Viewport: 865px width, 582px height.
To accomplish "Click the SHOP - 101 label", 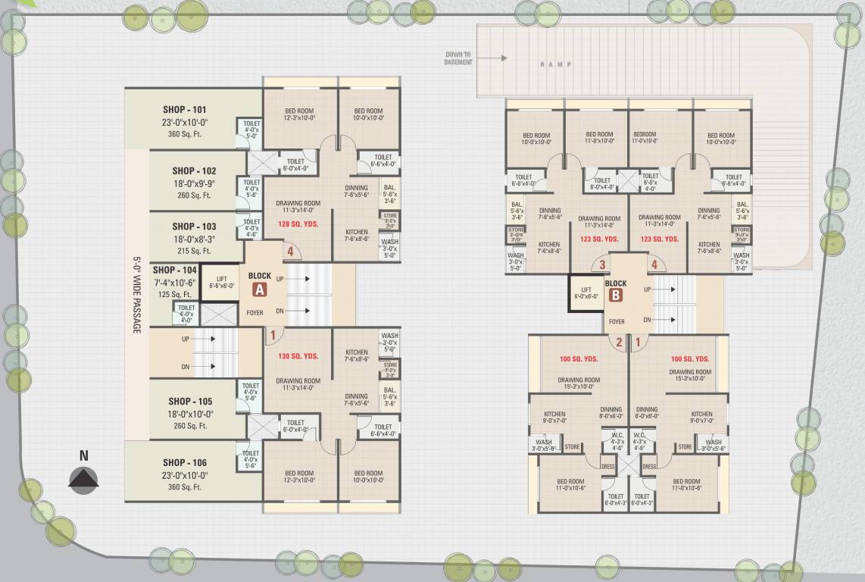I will point(184,110).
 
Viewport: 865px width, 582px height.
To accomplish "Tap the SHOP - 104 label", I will point(174,270).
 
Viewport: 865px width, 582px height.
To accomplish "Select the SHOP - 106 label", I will point(184,462).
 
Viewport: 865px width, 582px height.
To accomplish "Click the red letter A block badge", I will point(259,289).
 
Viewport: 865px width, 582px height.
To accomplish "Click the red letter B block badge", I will point(615,296).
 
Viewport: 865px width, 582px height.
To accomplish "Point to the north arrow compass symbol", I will point(84,480).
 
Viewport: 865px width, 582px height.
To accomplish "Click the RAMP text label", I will point(555,64).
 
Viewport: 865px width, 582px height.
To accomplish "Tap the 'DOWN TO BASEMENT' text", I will point(457,58).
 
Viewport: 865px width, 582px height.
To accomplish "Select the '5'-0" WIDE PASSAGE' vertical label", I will point(137,296).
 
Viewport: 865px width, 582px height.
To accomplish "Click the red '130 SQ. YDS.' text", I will point(298,356).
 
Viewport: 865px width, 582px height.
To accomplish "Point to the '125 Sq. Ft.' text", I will point(173,295).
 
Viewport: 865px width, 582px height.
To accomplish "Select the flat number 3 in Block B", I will point(602,265).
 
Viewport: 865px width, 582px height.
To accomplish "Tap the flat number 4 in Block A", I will point(289,252).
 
